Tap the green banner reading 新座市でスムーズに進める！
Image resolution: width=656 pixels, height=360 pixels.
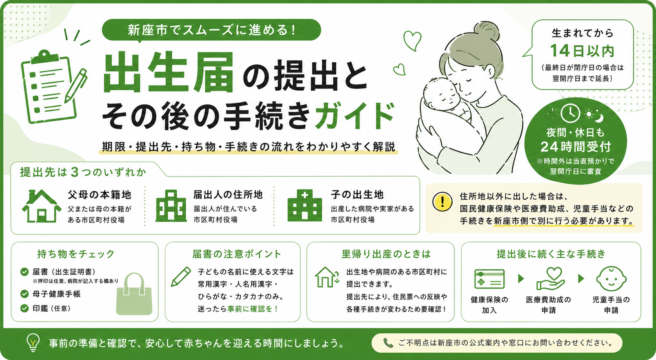[x=212, y=30]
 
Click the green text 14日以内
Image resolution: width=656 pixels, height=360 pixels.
[x=582, y=51]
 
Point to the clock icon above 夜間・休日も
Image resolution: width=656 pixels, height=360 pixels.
[x=570, y=113]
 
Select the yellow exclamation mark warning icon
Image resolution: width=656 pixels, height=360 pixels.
[x=442, y=202]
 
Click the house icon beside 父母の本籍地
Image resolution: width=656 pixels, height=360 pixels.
[x=41, y=206]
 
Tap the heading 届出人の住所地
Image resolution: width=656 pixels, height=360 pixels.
[x=228, y=195]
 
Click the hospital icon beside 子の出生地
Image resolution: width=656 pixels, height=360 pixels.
[x=305, y=205]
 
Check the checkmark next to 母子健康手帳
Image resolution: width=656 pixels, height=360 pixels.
[x=24, y=294]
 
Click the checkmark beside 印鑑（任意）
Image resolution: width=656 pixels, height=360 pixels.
[x=24, y=308]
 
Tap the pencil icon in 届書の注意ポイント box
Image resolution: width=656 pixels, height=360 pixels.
[x=181, y=277]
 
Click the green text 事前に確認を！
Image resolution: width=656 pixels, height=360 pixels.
[x=253, y=309]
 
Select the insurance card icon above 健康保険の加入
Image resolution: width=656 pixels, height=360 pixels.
[x=489, y=279]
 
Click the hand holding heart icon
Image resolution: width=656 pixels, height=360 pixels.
[x=551, y=279]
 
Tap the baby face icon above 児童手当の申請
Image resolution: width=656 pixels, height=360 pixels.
[x=611, y=279]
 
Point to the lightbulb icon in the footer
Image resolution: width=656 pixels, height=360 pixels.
[x=33, y=342]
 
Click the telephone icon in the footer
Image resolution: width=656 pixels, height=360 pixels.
[x=388, y=343]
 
